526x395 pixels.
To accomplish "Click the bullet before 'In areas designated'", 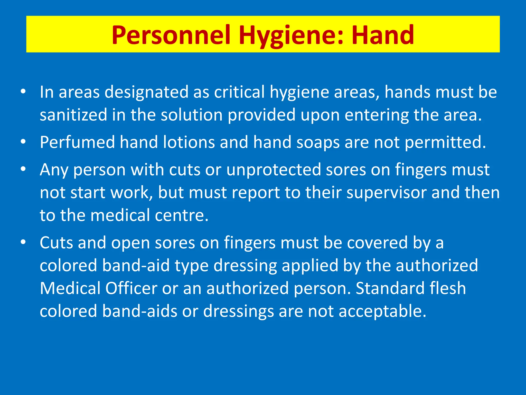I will [23, 92].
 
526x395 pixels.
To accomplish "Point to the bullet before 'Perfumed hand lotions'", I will [23, 142].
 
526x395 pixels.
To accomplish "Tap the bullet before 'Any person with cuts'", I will [23, 169].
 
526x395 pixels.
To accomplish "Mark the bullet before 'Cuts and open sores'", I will [23, 242].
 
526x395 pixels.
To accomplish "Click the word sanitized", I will [73, 115].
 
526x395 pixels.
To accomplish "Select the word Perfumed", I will [77, 142].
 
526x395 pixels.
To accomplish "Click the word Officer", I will [131, 288].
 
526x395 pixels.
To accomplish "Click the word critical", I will [239, 92].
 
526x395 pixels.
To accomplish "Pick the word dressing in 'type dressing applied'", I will [245, 266].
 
